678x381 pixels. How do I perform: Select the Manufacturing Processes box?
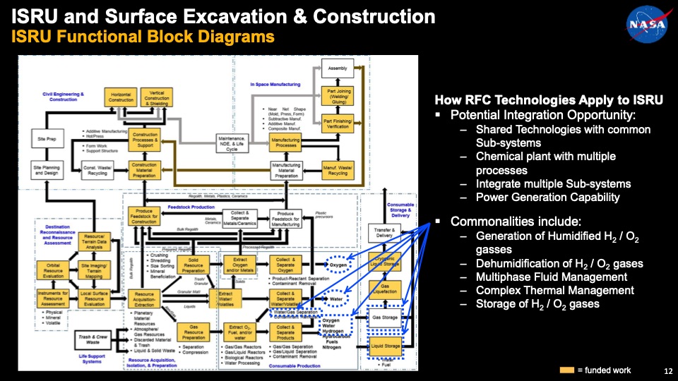(286, 142)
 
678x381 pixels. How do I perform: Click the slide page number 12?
(668, 371)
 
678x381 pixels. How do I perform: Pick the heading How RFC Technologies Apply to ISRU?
(548, 100)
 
